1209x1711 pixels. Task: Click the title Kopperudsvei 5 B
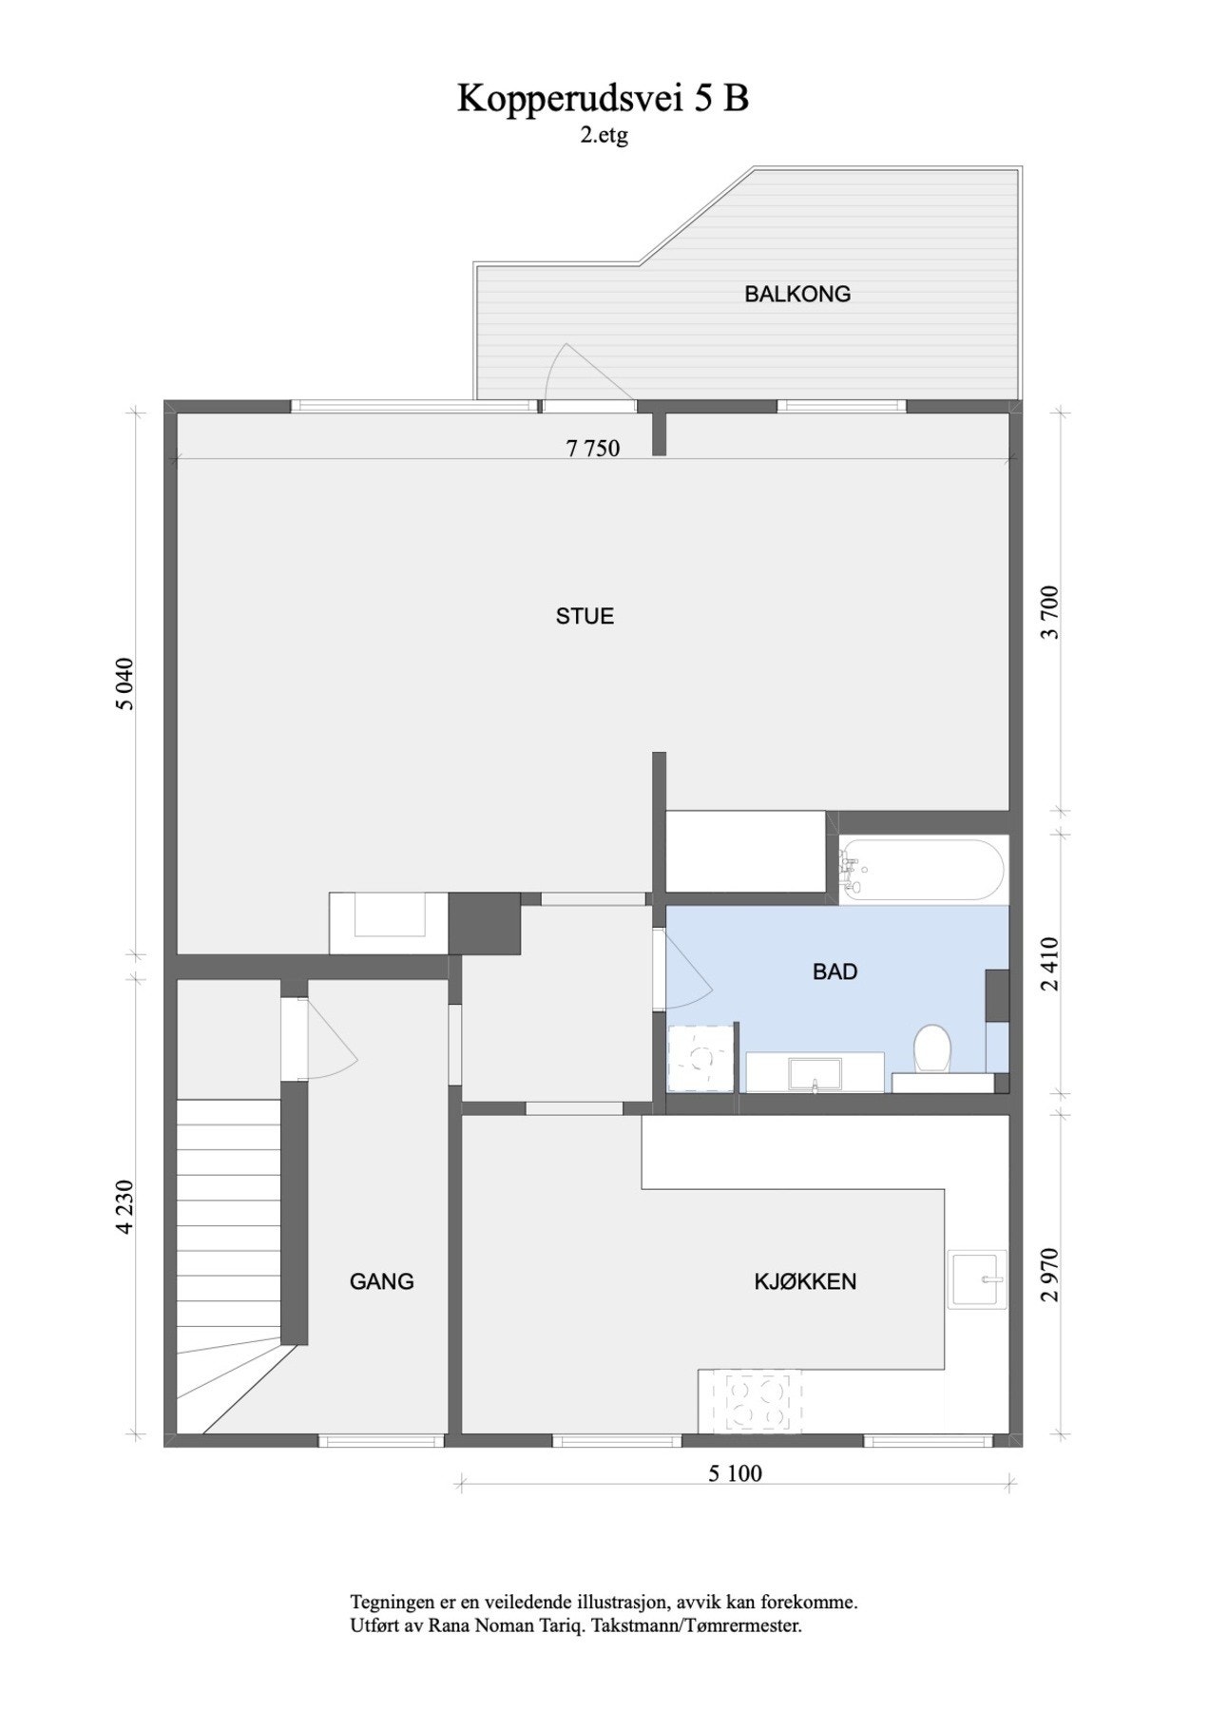point(603,99)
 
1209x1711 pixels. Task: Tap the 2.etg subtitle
point(604,136)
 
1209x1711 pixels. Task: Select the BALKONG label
point(796,294)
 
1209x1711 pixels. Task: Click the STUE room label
point(585,616)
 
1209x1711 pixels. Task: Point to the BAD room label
point(835,971)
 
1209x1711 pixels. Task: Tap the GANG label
point(381,1281)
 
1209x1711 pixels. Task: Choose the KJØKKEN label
point(805,1281)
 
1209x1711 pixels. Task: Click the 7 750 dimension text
point(592,448)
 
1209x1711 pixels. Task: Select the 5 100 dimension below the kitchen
point(735,1474)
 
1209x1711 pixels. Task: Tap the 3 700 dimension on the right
point(1050,612)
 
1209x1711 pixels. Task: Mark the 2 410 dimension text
point(1050,964)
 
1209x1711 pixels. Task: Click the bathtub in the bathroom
point(922,869)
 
